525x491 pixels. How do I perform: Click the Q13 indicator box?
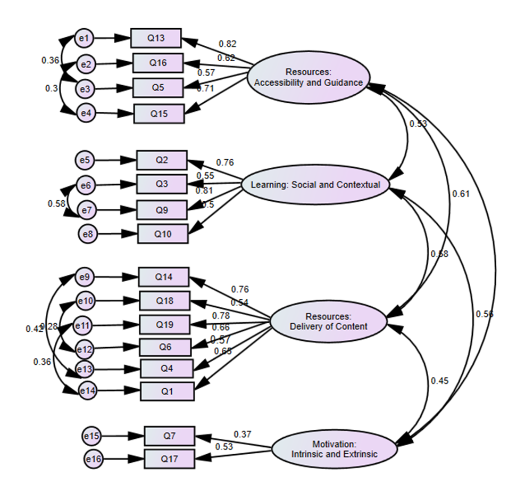pyautogui.click(x=156, y=38)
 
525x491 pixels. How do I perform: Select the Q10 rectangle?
pyautogui.click(x=163, y=233)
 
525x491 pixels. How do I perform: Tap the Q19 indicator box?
pyautogui.click(x=164, y=324)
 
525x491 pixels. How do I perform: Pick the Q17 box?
pyautogui.click(x=170, y=457)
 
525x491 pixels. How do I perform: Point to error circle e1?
pyautogui.click(x=85, y=38)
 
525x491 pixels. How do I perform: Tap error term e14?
pyautogui.click(x=88, y=390)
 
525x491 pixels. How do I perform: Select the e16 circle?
pyautogui.click(x=94, y=457)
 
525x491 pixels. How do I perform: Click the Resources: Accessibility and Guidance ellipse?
pyautogui.click(x=308, y=78)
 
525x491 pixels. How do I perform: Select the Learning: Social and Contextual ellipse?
pyautogui.click(x=315, y=185)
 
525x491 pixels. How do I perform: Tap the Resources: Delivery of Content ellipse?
pyautogui.click(x=327, y=321)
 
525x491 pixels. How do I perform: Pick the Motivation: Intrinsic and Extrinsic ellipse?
pyautogui.click(x=335, y=449)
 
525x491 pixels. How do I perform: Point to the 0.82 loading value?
pyautogui.click(x=227, y=44)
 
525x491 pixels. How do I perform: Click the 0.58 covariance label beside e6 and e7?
pyautogui.click(x=56, y=203)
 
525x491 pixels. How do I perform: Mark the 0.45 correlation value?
pyautogui.click(x=439, y=381)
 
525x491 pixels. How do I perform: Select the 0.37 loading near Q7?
pyautogui.click(x=242, y=434)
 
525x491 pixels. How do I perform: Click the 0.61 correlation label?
pyautogui.click(x=461, y=194)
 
